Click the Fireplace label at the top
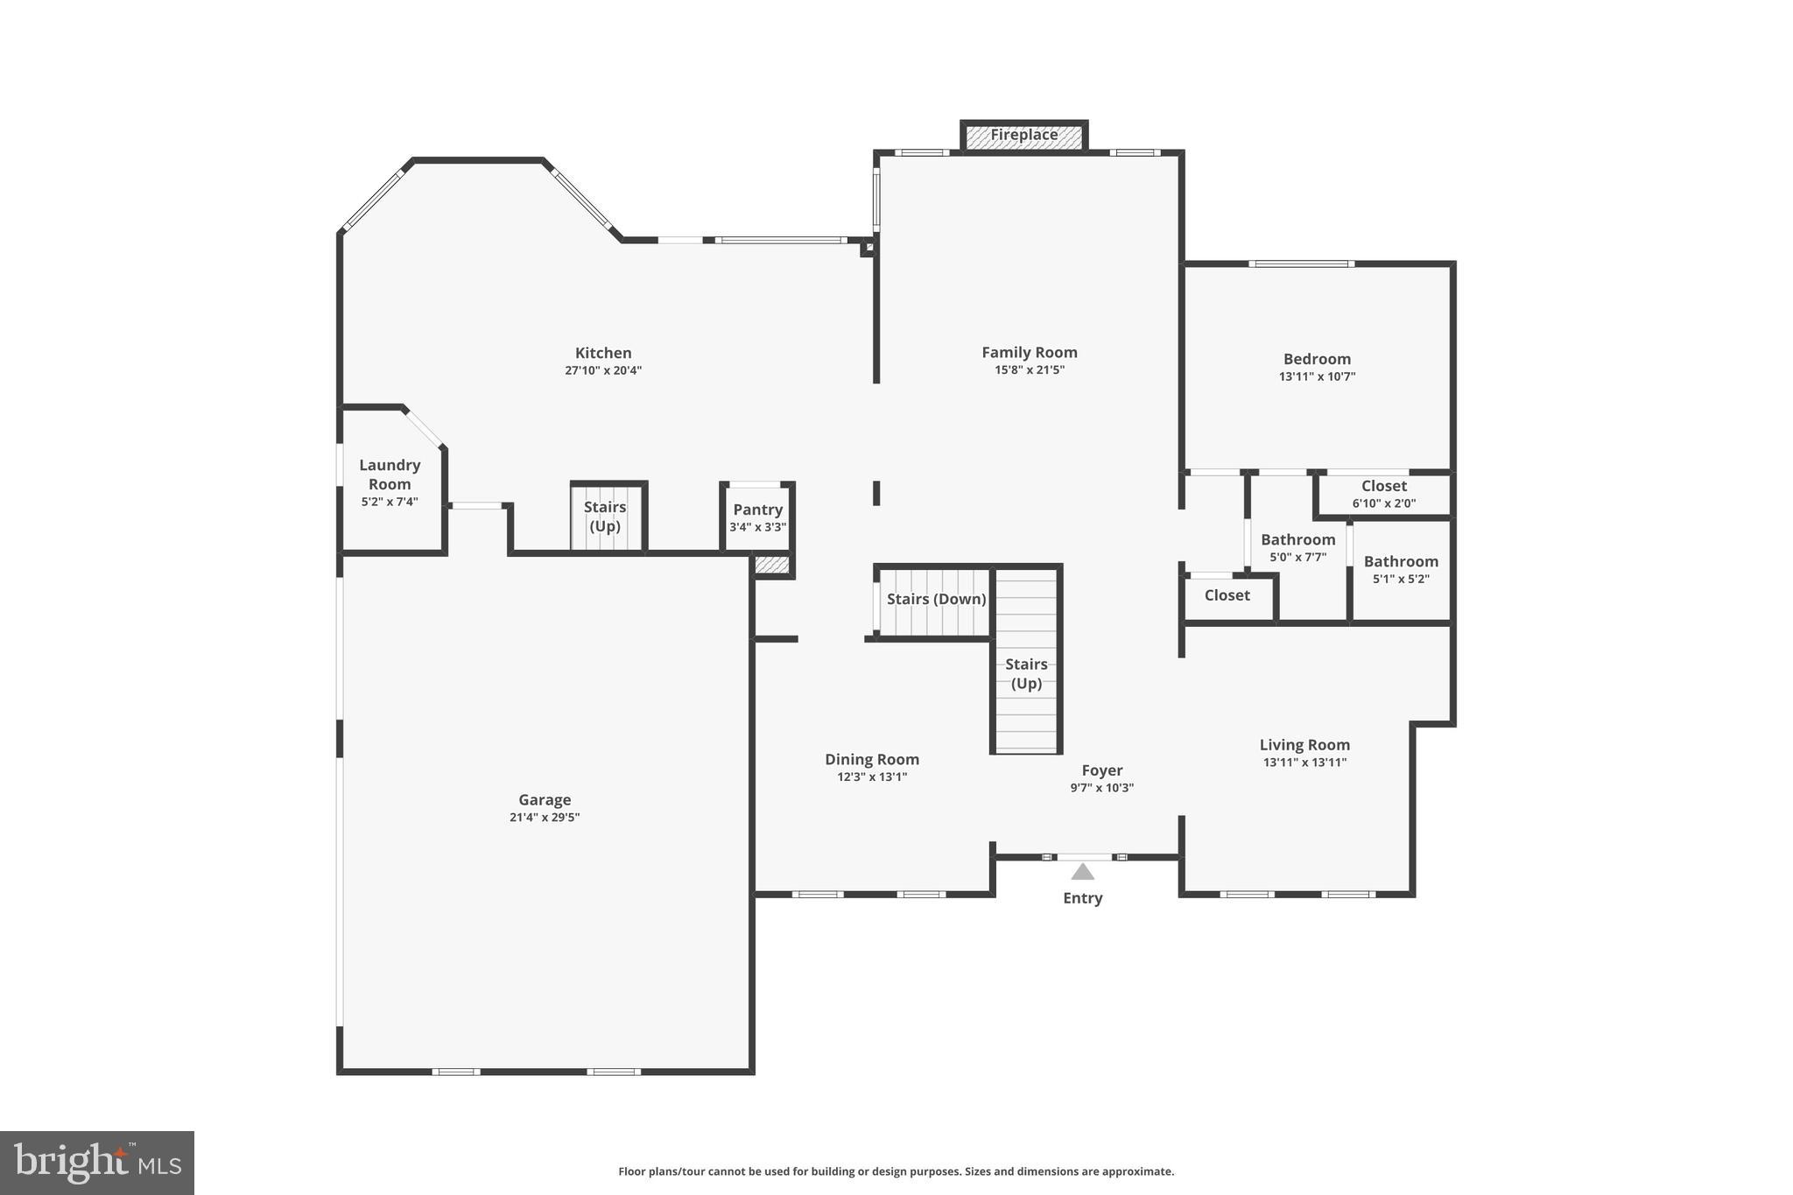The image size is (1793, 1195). [1023, 135]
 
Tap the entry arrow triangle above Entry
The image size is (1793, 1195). [1083, 871]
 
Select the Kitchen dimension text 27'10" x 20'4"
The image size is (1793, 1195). [603, 370]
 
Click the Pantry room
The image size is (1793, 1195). [757, 517]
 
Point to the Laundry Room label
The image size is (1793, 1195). [390, 474]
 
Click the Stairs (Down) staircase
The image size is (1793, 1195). [936, 600]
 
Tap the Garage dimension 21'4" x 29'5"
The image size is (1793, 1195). [545, 818]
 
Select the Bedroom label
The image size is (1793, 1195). [1317, 359]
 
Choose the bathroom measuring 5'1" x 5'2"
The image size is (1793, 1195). [1401, 569]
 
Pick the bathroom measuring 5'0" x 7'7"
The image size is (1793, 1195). [1297, 547]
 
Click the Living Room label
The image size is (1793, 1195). [1304, 745]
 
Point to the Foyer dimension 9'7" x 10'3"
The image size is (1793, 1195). [1101, 788]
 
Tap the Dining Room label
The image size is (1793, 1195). [872, 760]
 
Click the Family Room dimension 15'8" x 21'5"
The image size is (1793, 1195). [1030, 370]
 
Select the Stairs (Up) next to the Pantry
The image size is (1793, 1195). [605, 517]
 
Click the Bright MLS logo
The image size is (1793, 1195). [97, 1163]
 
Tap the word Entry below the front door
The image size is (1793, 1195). [1082, 898]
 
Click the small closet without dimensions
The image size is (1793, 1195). [1227, 596]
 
